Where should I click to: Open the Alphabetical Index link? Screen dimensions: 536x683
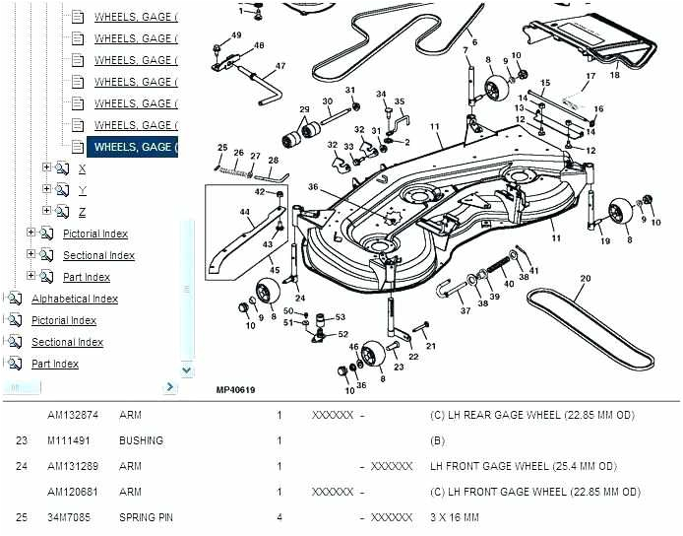coord(74,299)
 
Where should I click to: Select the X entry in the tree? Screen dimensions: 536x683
coord(82,168)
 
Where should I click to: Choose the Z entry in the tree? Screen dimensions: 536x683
coord(82,212)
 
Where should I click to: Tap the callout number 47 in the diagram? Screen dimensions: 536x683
coord(280,67)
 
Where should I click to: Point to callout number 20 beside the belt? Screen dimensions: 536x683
coord(586,278)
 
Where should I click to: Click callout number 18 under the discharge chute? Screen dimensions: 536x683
coord(614,74)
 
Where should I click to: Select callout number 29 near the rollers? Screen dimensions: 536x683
coord(304,109)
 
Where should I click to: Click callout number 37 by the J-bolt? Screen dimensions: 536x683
coord(466,311)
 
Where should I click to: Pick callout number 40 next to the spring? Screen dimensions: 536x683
coord(508,284)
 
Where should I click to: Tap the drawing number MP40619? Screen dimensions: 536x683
coord(235,390)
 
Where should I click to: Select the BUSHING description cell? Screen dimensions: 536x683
coord(141,440)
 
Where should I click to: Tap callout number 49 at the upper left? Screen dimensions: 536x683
coord(235,35)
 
